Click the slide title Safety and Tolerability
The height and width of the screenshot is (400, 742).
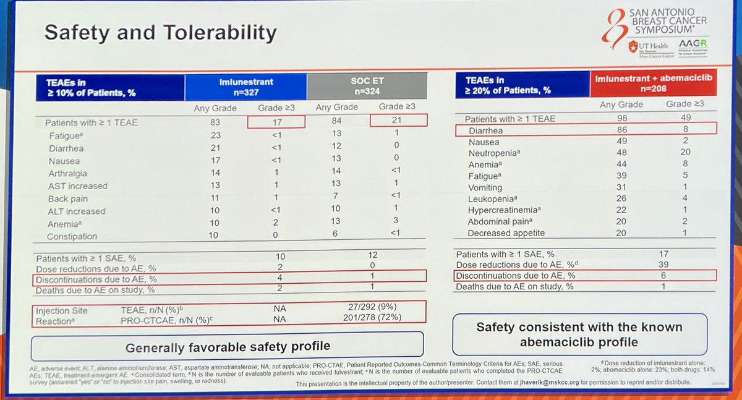coord(160,32)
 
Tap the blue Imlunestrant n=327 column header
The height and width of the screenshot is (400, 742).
coord(245,87)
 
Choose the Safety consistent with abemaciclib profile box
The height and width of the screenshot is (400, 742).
coord(579,333)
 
